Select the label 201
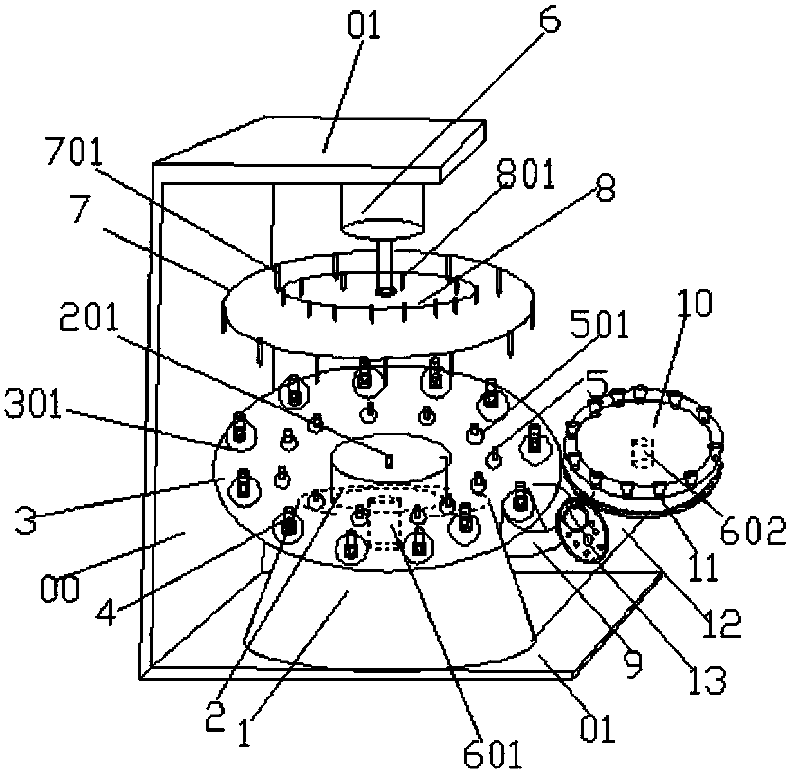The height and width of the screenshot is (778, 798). (x=94, y=317)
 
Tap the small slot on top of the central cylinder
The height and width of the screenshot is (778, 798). (x=388, y=460)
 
